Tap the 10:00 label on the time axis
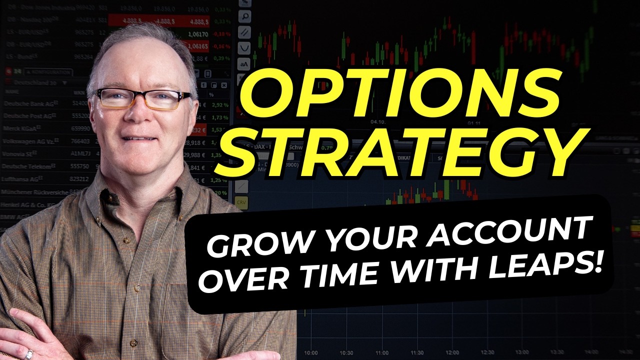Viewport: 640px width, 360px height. click(x=311, y=352)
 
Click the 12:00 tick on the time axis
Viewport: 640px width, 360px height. click(x=453, y=352)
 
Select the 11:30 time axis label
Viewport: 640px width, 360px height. click(x=417, y=352)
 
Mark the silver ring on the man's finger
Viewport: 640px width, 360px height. click(x=29, y=354)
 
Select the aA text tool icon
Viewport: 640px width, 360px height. click(x=244, y=64)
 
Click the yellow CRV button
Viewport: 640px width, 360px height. click(x=241, y=203)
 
